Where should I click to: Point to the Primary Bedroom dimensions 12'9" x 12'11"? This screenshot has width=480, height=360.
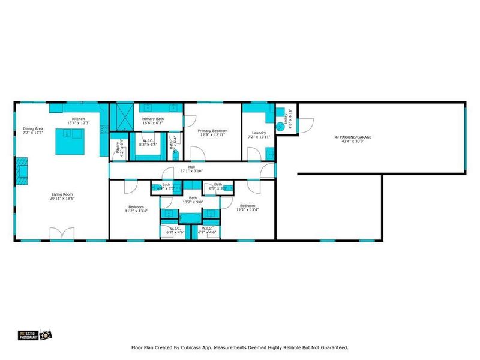[212, 134]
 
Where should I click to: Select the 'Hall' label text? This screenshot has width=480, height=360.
[191, 167]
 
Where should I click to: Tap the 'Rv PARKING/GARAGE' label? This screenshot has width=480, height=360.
[352, 137]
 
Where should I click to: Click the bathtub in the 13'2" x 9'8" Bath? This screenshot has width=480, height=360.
[192, 218]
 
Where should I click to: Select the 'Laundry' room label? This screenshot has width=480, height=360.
[259, 133]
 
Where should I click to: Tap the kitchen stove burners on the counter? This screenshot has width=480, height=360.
[103, 128]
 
